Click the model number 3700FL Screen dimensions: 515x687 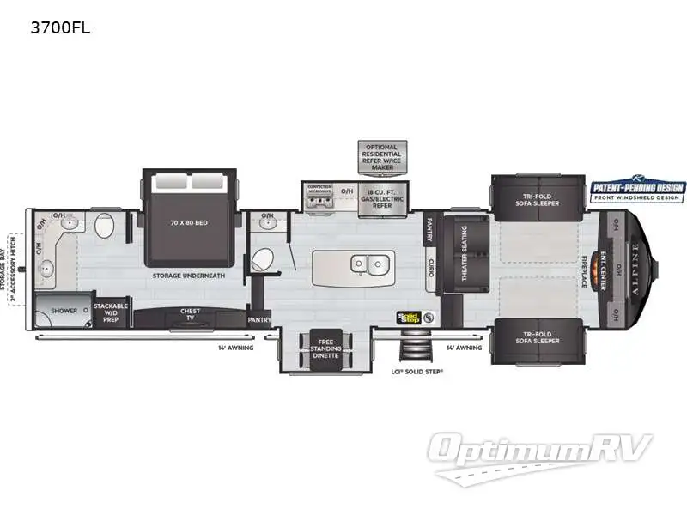[61, 27]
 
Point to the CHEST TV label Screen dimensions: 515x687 [190, 315]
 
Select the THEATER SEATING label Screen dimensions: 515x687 [465, 255]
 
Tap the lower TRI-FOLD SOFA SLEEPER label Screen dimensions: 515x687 [538, 337]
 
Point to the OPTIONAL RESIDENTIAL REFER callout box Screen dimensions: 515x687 [380, 156]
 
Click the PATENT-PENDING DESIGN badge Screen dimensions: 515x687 [637, 191]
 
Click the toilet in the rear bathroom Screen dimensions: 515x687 [105, 227]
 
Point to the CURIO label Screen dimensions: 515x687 [431, 268]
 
